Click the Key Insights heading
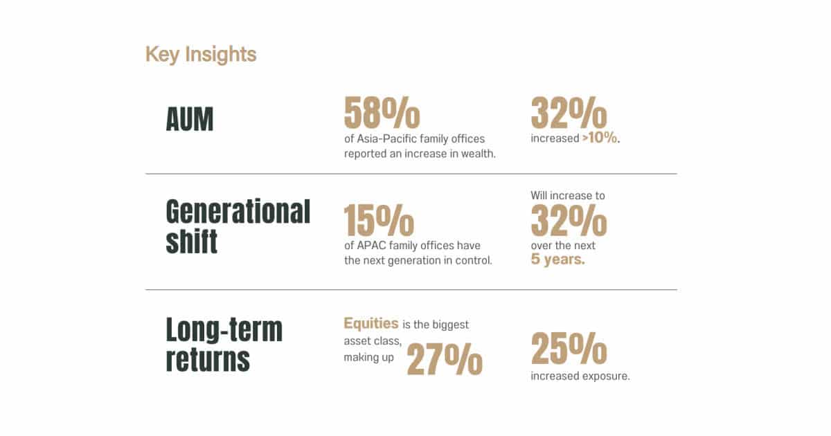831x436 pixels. point(201,55)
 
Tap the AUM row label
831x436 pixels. point(190,119)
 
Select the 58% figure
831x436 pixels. point(382,112)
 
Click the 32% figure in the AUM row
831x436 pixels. point(569,112)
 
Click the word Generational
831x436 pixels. point(238,212)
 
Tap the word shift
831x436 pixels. point(191,242)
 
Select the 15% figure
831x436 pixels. point(379,220)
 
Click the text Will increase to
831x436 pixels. point(568,195)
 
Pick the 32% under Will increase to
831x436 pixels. point(569,220)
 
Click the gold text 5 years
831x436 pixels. point(558,260)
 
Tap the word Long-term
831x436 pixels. point(224,329)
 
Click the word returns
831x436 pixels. point(208,359)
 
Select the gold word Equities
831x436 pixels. point(371,324)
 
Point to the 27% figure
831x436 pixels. point(445,359)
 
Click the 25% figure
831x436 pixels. point(569,348)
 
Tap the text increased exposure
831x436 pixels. point(580,376)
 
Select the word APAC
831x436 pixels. point(371,246)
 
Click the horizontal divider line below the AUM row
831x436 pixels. point(411,174)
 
